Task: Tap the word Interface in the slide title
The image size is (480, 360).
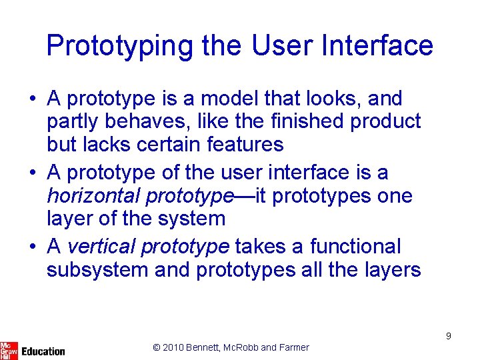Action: coord(377,45)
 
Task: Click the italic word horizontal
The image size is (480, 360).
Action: coord(93,196)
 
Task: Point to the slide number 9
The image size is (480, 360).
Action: coord(449,336)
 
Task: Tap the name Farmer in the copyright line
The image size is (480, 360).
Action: coord(294,347)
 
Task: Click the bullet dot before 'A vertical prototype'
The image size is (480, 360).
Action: coord(32,247)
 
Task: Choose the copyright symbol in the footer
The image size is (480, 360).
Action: coord(157,347)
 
